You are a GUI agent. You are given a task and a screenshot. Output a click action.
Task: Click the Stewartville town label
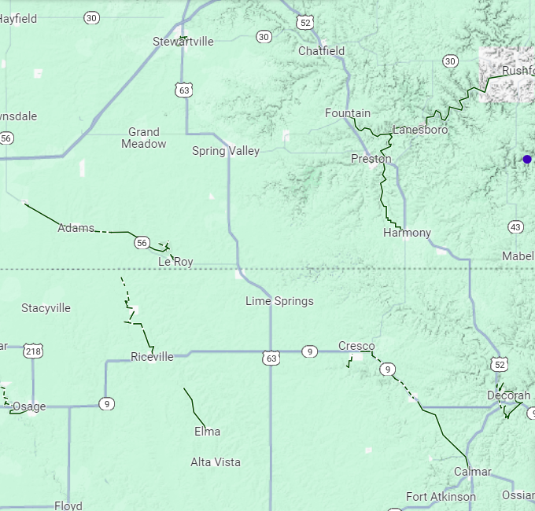pos(183,42)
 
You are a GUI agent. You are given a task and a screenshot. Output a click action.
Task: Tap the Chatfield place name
pos(321,51)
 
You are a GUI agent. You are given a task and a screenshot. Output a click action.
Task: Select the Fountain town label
pos(347,113)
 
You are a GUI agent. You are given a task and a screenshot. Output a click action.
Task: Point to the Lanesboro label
pos(420,130)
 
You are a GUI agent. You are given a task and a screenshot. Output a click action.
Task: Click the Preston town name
pos(371,159)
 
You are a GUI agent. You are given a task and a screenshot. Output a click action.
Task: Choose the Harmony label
pos(407,233)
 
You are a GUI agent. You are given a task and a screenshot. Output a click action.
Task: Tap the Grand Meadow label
pos(143,138)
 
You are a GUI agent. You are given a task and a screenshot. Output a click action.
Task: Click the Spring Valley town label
pos(225,151)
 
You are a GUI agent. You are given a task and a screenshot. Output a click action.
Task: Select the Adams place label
pos(76,228)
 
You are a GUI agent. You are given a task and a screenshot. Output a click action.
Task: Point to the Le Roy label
pos(175,261)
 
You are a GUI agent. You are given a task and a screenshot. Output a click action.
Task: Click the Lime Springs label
pos(279,301)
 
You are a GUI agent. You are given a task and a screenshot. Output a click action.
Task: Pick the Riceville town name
pos(152,357)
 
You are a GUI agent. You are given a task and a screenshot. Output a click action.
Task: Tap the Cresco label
pos(356,346)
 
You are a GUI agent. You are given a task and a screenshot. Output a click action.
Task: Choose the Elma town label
pos(207,432)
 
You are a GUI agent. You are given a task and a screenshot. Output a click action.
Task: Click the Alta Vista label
pos(216,462)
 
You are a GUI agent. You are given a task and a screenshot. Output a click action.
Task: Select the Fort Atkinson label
pos(441,497)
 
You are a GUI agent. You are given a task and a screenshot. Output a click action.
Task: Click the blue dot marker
pos(527,160)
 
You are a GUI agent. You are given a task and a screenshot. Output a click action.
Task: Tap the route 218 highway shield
pos(33,351)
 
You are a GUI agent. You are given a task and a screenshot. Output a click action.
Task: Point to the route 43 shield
pos(515,227)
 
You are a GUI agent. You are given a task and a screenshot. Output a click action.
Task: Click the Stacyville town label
pos(46,308)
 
